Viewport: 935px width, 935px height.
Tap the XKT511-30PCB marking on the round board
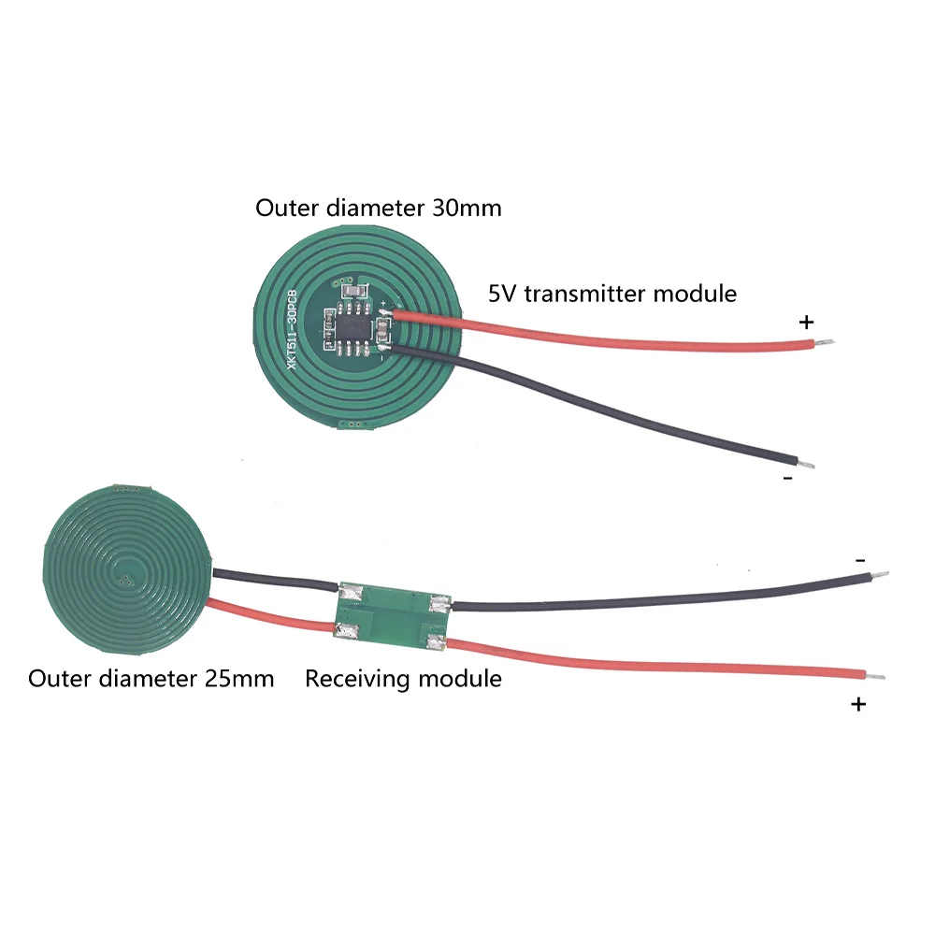[292, 329]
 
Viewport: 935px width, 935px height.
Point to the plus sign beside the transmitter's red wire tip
[806, 323]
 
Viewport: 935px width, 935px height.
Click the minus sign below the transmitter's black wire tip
[788, 478]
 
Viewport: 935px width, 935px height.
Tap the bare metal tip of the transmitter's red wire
[825, 342]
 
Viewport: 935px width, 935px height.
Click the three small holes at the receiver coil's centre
[126, 578]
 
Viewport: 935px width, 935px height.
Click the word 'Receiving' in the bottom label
[354, 679]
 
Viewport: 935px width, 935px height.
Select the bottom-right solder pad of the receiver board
[437, 642]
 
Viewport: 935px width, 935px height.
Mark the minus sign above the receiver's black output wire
[860, 560]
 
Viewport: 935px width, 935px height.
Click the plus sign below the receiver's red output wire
[858, 705]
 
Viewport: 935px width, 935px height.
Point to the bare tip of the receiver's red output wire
[875, 677]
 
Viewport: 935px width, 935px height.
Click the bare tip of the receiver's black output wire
[880, 575]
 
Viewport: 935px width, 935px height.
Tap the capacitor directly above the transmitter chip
[352, 292]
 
